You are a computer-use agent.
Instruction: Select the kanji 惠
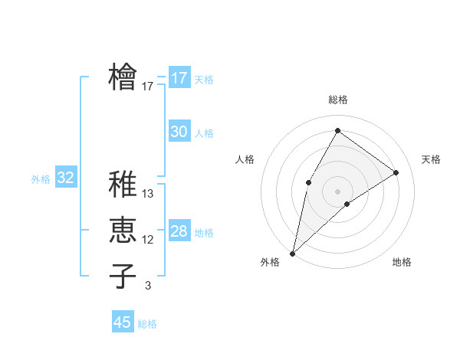(x=123, y=230)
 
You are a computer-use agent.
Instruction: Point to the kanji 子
(x=123, y=276)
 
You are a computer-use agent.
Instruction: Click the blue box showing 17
(x=179, y=78)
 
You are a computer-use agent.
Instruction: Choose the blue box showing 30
(x=179, y=132)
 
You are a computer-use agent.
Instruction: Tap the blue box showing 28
(x=179, y=231)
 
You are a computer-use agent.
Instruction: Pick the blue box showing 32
(x=66, y=178)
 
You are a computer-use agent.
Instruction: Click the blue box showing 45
(x=123, y=322)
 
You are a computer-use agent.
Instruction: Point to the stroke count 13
(x=148, y=194)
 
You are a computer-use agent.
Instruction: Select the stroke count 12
(x=148, y=240)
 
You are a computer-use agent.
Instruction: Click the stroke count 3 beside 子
(x=148, y=286)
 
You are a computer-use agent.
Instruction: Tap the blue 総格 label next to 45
(x=147, y=324)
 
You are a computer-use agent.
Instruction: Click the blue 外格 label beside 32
(x=41, y=179)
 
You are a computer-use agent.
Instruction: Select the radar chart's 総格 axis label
(x=337, y=100)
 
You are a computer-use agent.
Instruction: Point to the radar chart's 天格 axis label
(x=431, y=159)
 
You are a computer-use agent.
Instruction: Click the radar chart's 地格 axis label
(x=402, y=262)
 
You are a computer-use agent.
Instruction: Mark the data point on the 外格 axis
(x=292, y=253)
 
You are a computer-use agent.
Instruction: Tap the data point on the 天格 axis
(x=396, y=172)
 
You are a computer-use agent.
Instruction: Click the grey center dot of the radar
(x=337, y=191)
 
